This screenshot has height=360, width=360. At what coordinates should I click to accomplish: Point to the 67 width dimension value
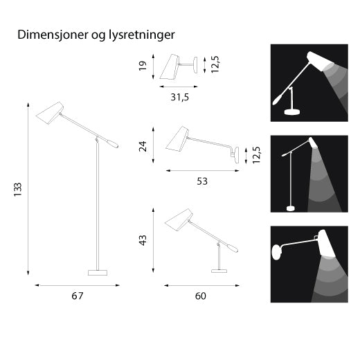[x=78, y=296]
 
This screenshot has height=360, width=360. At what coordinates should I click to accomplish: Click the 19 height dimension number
[x=143, y=66]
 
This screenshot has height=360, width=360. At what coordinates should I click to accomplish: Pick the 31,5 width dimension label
[x=179, y=98]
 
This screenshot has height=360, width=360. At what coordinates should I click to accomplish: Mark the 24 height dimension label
[x=143, y=147]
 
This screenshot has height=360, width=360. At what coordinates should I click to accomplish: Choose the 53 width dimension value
[x=202, y=181]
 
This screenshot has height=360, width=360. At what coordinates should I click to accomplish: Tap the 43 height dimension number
[x=143, y=240]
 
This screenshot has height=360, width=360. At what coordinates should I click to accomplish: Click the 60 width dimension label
[x=201, y=296]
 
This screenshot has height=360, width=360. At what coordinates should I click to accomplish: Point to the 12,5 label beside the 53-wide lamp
[x=258, y=153]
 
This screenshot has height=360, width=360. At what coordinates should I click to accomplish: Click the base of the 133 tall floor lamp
[x=98, y=272]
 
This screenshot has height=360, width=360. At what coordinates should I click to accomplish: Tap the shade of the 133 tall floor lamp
[x=50, y=112]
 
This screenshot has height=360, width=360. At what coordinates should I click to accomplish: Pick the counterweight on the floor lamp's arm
[x=111, y=144]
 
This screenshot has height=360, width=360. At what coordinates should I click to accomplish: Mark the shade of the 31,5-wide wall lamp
[x=169, y=66]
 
